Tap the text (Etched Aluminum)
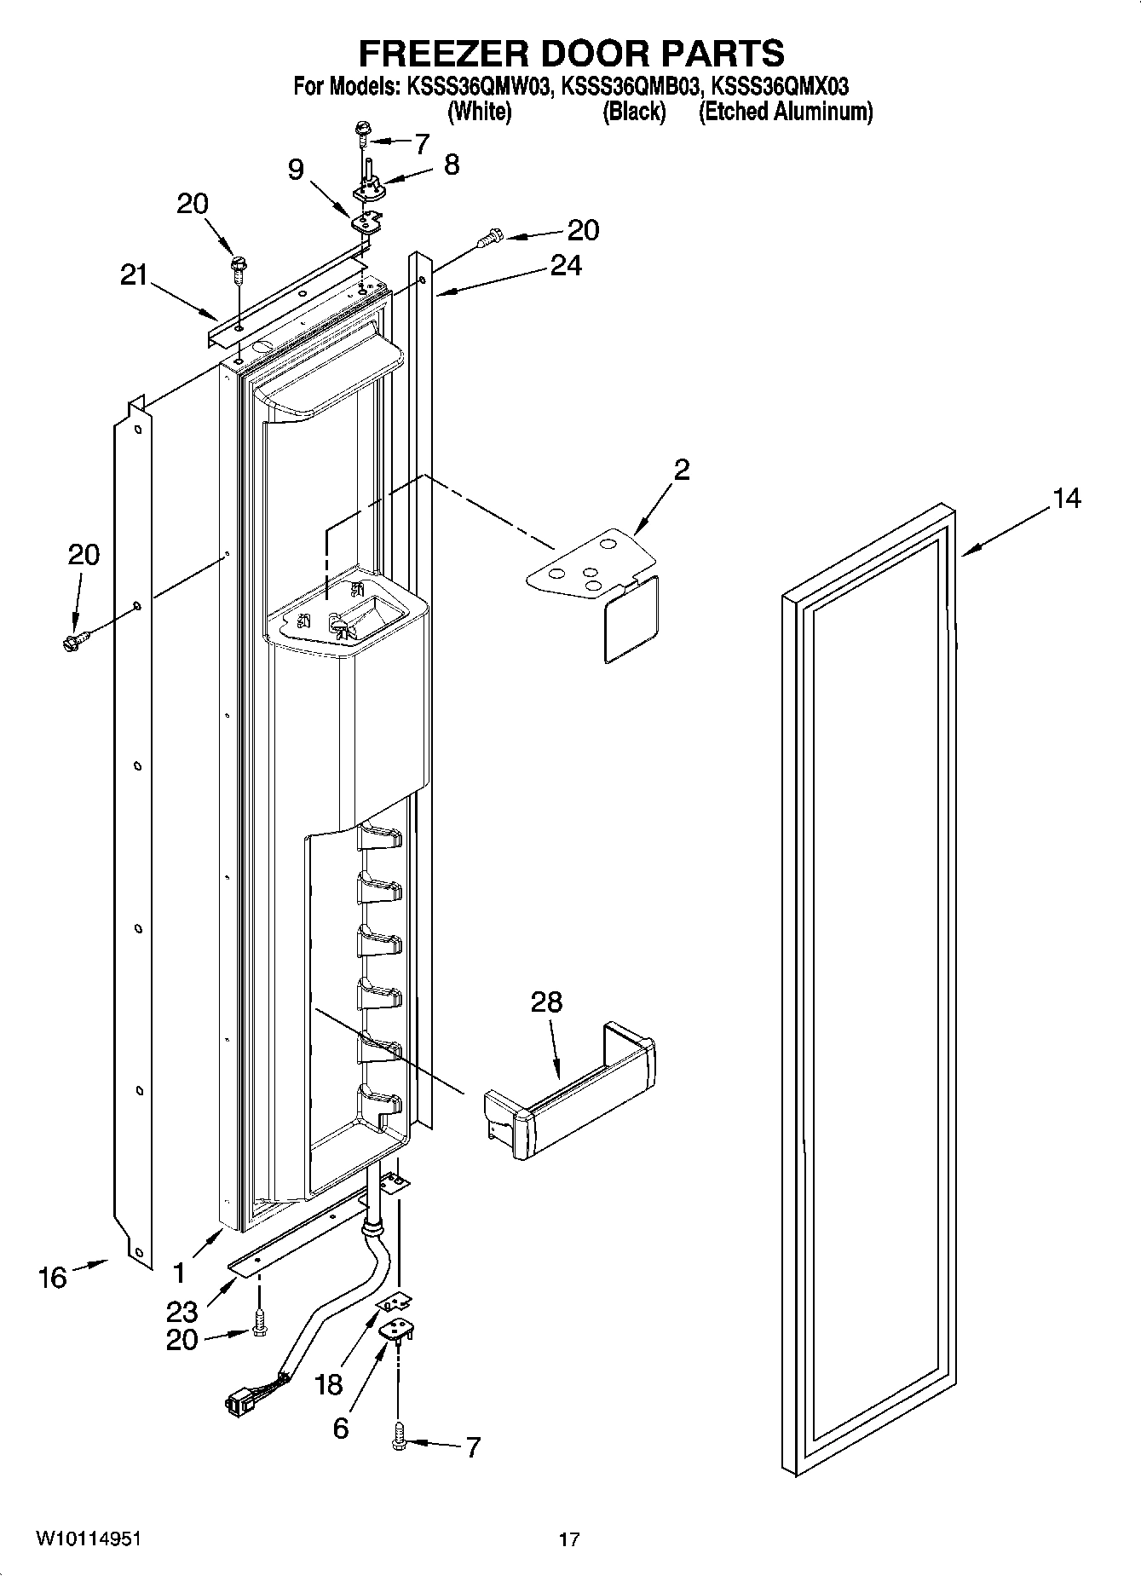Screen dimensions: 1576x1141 pos(785,112)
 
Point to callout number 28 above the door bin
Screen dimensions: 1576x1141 pos(546,1002)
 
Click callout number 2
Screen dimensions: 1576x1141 pos(681,470)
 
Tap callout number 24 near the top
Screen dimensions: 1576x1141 pos(565,266)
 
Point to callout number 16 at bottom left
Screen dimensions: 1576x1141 pos(52,1278)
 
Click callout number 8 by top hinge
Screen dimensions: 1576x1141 pos(451,165)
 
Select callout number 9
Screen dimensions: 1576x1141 pos(295,170)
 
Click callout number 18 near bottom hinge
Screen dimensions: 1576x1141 pos(329,1384)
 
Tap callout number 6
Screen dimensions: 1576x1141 pos(340,1429)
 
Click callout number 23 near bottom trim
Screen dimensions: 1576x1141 pos(182,1312)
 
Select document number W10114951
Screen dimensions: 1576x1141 pos(88,1539)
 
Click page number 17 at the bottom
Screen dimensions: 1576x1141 pos(569,1539)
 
